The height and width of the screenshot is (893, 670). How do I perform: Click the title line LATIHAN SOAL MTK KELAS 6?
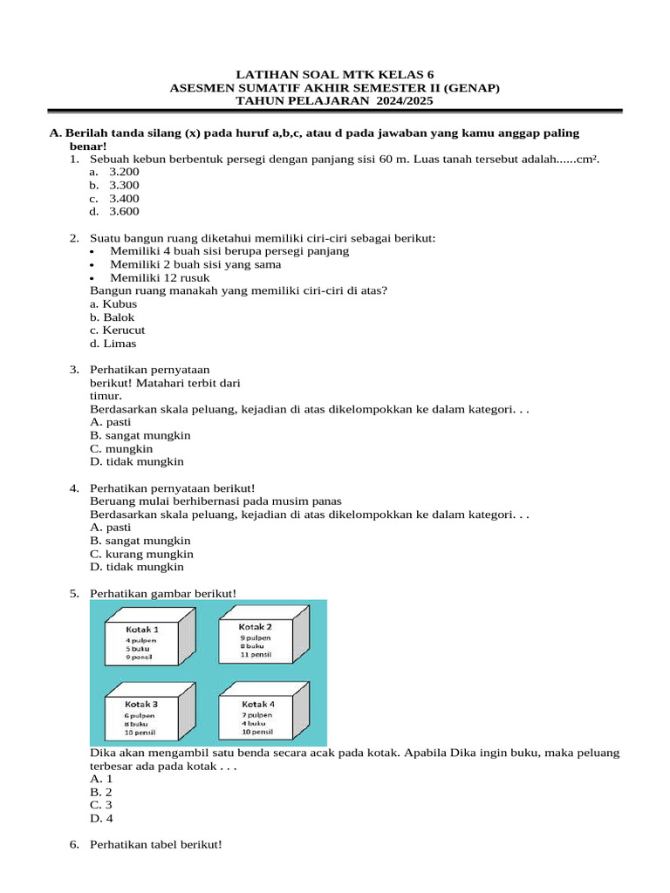334,74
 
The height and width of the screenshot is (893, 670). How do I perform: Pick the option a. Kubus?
113,303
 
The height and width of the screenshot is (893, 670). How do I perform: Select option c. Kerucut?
117,331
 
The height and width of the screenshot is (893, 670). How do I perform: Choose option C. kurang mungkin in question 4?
141,554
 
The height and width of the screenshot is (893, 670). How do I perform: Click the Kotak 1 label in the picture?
142,629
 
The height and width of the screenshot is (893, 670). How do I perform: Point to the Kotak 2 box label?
256,627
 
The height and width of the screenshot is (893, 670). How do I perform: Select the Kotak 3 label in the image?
140,704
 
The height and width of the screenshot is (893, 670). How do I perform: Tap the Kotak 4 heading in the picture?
257,704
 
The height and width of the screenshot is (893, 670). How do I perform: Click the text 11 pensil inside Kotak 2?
256,653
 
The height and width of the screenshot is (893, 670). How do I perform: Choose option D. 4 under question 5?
101,819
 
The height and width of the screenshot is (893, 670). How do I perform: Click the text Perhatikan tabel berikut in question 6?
155,845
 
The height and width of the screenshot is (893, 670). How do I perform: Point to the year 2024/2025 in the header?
400,100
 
